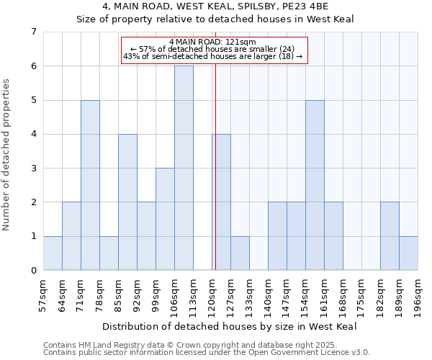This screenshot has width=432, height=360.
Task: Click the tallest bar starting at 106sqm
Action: click(x=184, y=168)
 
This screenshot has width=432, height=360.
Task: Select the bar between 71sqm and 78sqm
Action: click(x=90, y=185)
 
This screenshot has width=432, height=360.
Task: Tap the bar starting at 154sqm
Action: click(x=315, y=185)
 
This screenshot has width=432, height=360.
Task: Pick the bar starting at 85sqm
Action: click(x=127, y=202)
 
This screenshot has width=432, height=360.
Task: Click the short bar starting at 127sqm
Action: click(x=240, y=253)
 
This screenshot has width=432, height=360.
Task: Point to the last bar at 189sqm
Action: click(x=408, y=253)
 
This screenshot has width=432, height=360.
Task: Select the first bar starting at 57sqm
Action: click(x=53, y=253)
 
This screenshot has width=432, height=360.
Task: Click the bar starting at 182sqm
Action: click(x=390, y=236)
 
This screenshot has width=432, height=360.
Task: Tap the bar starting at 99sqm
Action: click(x=165, y=219)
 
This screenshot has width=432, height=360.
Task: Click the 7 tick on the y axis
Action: click(x=33, y=32)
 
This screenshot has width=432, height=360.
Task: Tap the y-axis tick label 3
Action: click(x=33, y=168)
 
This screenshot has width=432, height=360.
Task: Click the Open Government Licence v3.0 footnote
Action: click(x=207, y=353)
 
